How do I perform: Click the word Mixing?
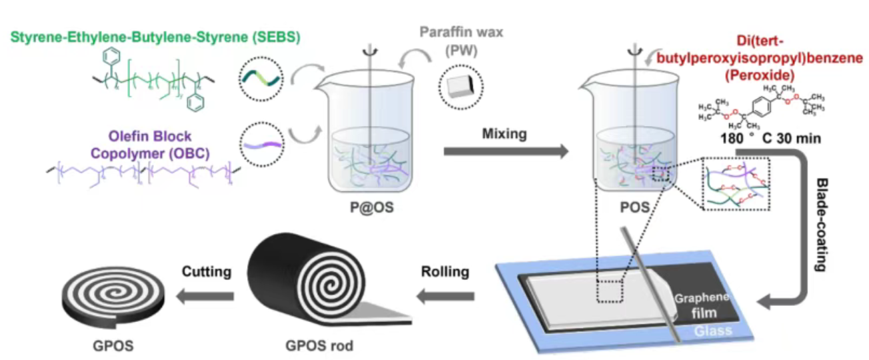504,134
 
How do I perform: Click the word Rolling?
444,272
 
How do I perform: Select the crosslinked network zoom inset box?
734,183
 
